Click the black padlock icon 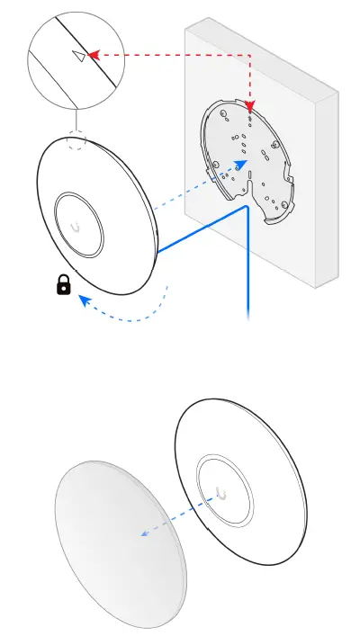(x=63, y=286)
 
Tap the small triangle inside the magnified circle (x=79, y=56)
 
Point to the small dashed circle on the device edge (x=77, y=144)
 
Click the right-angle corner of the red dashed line (x=250, y=56)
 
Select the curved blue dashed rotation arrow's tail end (x=166, y=287)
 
